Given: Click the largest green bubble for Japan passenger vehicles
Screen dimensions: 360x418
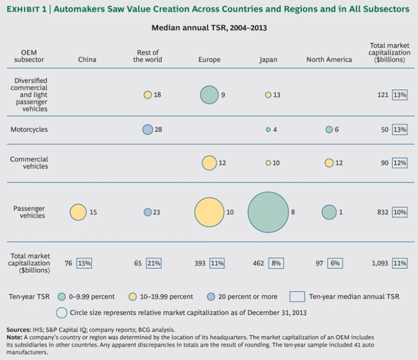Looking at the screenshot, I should pos(268,212).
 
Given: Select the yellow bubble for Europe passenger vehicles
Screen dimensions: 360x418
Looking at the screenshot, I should pos(209,212).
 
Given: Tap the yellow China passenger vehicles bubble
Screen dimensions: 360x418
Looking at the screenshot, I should pos(78,212).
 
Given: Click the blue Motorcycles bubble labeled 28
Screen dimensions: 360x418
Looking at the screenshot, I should pos(147,129).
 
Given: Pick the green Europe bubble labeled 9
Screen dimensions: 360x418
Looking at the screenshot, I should pos(209,95).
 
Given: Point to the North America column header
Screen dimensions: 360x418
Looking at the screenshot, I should pos(329,60).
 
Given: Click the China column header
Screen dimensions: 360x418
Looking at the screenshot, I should pos(87,60).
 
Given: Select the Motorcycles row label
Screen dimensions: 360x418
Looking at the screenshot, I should pos(29,129).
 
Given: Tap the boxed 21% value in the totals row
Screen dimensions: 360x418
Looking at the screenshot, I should pos(153,263).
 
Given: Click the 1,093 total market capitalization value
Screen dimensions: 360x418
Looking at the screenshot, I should pos(380,263).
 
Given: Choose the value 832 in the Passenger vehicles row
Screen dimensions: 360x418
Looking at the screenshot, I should pos(383,212).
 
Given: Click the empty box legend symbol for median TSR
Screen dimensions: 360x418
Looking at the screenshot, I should pos(297,297).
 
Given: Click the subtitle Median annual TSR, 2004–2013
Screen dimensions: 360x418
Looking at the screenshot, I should pos(208,27).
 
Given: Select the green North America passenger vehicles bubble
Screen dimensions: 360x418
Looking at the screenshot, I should pos(329,212).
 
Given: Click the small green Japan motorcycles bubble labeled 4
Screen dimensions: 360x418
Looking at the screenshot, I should pos(268,129).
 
